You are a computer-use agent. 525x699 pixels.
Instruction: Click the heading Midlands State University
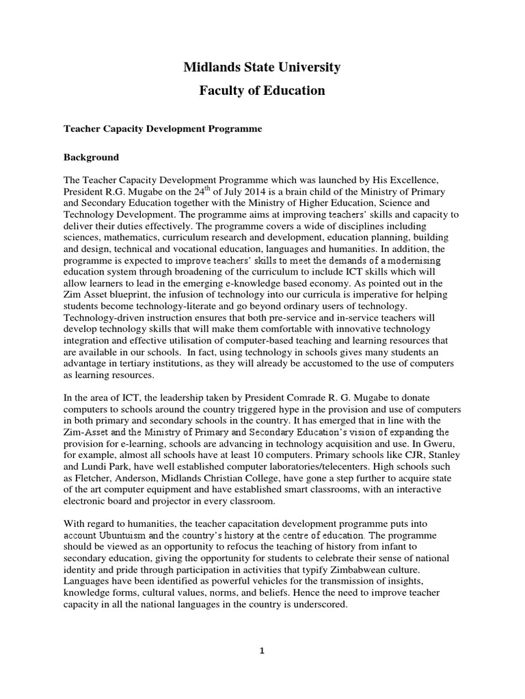coord(262,67)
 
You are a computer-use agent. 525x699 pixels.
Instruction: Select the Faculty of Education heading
coord(262,91)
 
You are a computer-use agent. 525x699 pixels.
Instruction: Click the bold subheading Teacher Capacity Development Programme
coord(163,128)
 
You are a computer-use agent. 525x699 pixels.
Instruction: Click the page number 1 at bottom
coord(262,651)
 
